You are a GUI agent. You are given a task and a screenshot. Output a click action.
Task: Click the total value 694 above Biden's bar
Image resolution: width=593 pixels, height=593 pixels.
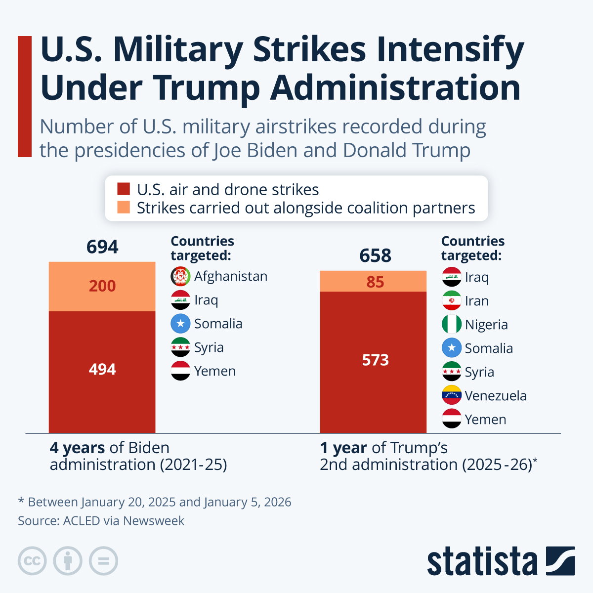[102, 247]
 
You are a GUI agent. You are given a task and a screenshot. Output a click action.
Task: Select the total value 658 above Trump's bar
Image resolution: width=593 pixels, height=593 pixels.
[375, 255]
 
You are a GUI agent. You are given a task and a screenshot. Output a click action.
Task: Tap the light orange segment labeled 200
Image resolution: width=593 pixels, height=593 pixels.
[102, 286]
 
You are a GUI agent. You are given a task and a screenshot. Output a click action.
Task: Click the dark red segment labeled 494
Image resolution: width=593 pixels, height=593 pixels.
[102, 370]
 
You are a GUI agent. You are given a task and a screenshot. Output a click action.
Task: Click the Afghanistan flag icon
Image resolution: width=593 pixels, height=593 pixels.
[180, 276]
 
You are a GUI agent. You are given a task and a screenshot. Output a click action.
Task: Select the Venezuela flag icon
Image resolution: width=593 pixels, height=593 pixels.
[451, 395]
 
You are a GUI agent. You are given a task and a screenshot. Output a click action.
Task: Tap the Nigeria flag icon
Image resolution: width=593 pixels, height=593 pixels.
[451, 325]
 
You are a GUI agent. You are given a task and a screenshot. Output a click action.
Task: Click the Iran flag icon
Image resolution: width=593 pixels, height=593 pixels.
[451, 301]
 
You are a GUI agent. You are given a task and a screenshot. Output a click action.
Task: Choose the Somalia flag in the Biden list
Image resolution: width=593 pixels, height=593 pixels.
[180, 324]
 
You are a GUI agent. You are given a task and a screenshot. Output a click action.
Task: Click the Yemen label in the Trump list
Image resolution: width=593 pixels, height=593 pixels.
[485, 420]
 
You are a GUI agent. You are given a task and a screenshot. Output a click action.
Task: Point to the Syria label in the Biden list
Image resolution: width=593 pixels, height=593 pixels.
[209, 347]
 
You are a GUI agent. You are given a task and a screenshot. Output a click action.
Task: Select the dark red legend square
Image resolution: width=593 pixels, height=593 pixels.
[124, 189]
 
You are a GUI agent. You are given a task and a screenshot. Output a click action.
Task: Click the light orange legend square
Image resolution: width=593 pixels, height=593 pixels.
[124, 208]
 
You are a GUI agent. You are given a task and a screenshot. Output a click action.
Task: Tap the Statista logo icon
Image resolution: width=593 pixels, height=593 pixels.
[560, 561]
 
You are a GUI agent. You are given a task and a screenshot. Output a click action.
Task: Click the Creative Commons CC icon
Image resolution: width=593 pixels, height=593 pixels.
[32, 561]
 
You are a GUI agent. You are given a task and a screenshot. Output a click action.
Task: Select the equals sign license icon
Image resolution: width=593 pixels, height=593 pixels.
[103, 561]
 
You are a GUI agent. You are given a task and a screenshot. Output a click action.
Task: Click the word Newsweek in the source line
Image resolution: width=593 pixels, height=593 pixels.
[153, 521]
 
